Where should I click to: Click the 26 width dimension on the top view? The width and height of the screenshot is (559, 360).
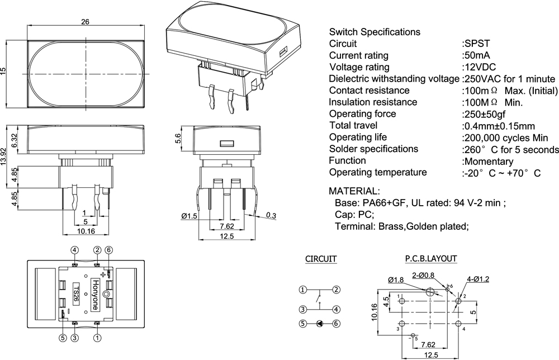85,22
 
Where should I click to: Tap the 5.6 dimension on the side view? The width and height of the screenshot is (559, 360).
178,139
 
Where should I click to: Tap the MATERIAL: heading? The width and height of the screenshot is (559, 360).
354,191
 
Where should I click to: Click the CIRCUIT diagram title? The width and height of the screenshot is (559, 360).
321,259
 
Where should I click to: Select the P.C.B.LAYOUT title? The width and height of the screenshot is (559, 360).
431,259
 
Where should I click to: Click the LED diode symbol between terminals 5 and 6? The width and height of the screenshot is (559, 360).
319,323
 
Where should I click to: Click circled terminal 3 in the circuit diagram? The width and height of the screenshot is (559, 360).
302,309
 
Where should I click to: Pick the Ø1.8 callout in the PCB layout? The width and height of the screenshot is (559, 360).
396,280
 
